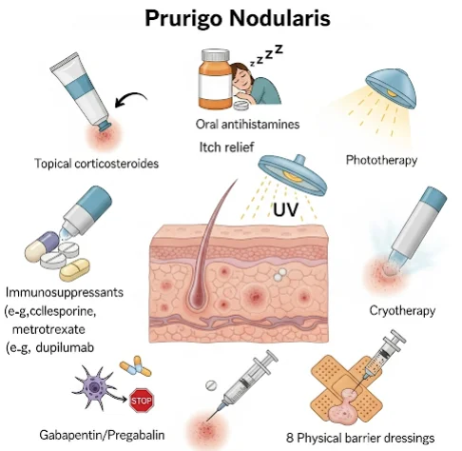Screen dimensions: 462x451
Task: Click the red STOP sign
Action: tap(142, 401)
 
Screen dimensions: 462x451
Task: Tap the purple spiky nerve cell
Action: tap(94, 387)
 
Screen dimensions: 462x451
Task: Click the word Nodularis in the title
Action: tap(279, 18)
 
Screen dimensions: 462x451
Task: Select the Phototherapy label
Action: tap(381, 160)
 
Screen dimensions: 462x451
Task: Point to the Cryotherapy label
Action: tap(402, 310)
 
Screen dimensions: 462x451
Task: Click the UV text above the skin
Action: tap(286, 209)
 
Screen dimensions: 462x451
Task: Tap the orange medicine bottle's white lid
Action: tap(216, 54)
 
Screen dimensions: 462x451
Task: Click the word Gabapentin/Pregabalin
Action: tap(102, 435)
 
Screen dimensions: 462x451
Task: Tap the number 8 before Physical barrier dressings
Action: tap(290, 438)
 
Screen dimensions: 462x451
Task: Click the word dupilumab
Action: tap(65, 348)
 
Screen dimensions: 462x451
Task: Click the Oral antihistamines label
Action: tap(247, 124)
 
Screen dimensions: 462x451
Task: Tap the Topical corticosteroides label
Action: tap(97, 164)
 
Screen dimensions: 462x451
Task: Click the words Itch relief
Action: tap(226, 147)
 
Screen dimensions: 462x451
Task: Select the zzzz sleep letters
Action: tap(266, 55)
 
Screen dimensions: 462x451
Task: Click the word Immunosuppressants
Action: tap(65, 292)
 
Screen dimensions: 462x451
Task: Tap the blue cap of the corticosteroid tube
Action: tap(104, 126)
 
